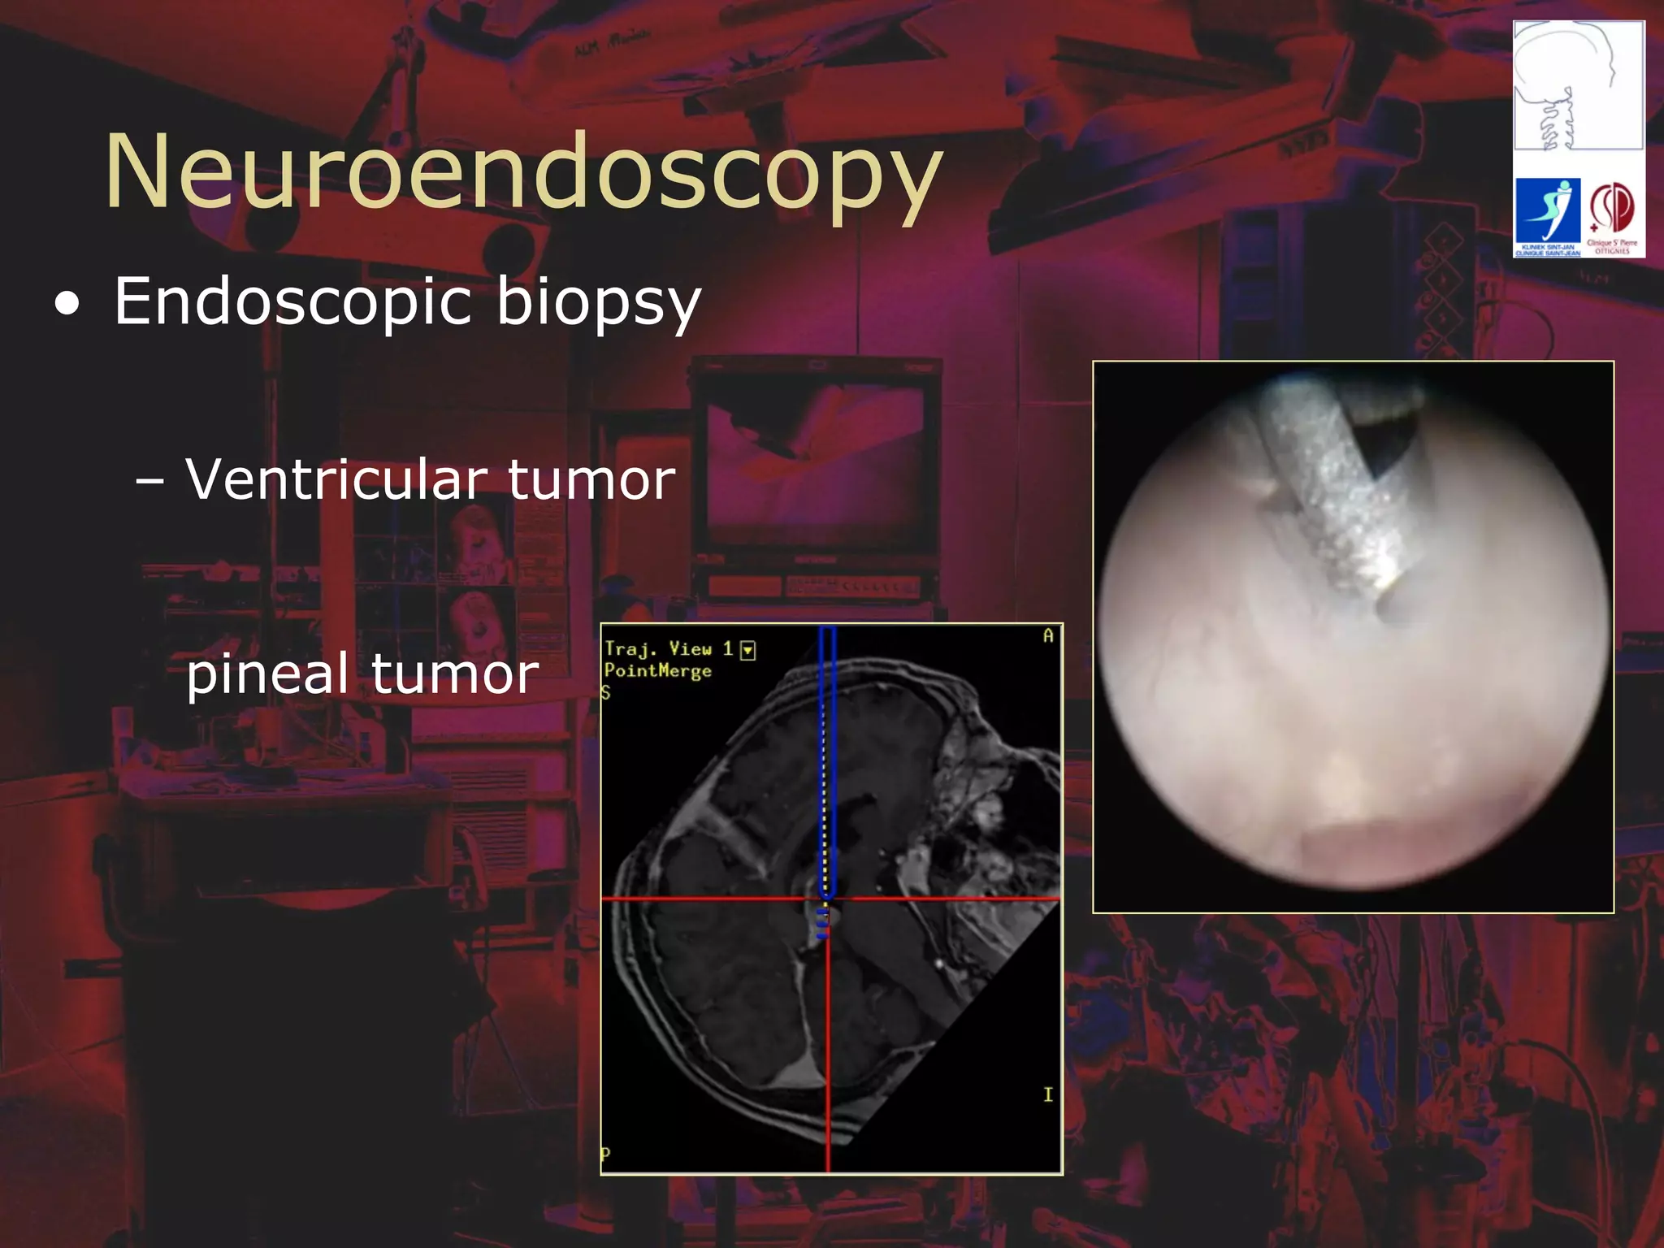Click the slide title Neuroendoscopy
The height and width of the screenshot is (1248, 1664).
click(524, 172)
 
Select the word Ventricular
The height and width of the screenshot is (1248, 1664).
click(337, 479)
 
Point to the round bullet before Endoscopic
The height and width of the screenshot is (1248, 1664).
click(68, 305)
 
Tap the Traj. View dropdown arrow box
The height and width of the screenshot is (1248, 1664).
click(748, 650)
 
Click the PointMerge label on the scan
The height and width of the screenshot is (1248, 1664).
click(657, 671)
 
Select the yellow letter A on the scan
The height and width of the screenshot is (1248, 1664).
click(1047, 636)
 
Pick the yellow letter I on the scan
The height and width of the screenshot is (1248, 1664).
click(1047, 1095)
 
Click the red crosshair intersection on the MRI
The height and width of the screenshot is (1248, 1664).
click(828, 899)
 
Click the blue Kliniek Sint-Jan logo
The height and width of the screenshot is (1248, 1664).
click(1548, 215)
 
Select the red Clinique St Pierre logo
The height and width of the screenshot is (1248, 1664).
click(1612, 215)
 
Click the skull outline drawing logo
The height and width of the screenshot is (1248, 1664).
click(1578, 85)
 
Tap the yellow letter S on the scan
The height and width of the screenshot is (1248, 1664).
click(605, 692)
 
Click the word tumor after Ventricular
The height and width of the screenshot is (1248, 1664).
click(591, 479)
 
